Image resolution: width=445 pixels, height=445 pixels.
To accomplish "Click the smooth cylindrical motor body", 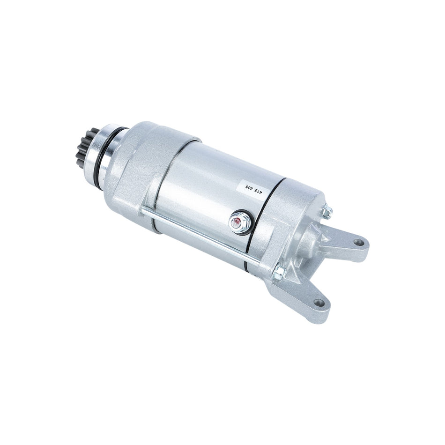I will pos(206,187).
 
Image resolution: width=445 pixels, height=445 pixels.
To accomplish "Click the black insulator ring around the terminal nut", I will pos(233,224).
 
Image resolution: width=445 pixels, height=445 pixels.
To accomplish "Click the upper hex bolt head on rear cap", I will pos(327,212).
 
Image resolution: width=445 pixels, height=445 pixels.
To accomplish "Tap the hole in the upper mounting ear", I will pos(358,243).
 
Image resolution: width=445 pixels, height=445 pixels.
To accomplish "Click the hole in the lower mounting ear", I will pos(319,302).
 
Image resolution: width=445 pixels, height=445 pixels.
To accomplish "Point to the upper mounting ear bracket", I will pos(349,244).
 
